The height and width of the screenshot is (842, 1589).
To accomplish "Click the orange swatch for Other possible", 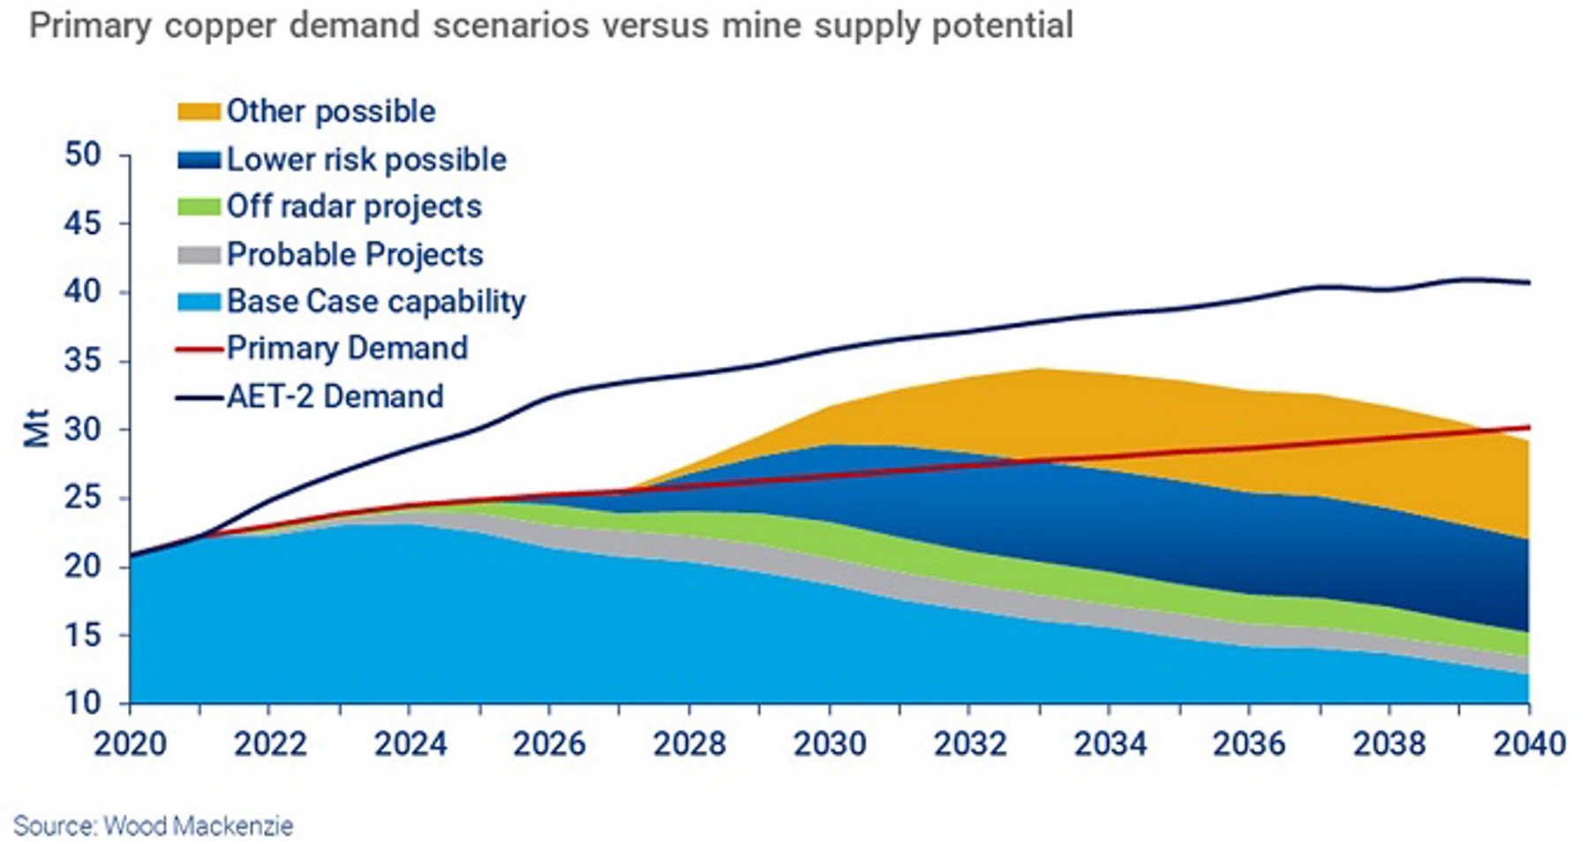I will pos(198,112).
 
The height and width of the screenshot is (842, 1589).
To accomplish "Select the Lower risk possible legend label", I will pos(366,160).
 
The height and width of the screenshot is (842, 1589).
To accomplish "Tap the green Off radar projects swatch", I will pos(198,207).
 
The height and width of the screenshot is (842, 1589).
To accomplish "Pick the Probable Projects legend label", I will pos(355,254).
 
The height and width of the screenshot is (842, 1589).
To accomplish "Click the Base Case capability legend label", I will pos(376,302).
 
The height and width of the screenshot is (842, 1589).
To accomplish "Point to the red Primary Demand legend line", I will pos(198,350).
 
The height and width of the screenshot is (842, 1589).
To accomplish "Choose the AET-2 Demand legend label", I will pos(335,396).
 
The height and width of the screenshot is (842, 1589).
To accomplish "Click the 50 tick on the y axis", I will pos(83,154).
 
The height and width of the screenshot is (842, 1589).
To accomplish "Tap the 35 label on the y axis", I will pos(83,361).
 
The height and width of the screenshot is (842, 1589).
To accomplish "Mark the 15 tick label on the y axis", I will pos(83,635).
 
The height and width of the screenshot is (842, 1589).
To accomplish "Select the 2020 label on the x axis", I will pos(130,744).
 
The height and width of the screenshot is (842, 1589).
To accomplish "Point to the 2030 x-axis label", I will pos(829,744).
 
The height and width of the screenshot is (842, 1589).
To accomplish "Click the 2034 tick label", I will pos(1109,744).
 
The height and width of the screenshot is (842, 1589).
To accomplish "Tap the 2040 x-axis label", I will pos(1528,744).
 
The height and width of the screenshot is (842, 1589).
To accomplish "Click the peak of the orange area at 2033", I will pos(1039,369).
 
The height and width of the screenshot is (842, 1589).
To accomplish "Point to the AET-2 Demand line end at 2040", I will pos(1528,282).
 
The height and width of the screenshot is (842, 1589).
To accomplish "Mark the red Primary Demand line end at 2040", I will pos(1528,427).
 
